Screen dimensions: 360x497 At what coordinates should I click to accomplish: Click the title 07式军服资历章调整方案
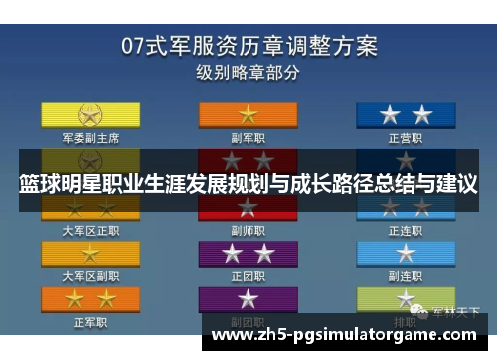248,46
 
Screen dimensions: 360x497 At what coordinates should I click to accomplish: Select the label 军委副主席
91,138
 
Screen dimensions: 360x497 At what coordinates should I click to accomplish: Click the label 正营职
407,138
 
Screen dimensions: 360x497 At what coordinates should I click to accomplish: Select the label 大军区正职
91,230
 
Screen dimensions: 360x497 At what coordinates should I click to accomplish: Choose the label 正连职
407,230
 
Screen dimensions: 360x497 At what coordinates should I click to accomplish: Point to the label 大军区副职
91,275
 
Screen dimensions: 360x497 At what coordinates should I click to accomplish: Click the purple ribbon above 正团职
247,253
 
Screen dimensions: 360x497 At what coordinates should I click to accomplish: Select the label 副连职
407,275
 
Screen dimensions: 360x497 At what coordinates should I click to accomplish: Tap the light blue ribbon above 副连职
407,253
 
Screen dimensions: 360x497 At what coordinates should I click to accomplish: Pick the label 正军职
91,322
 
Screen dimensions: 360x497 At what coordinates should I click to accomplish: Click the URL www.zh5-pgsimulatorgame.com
348,335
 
